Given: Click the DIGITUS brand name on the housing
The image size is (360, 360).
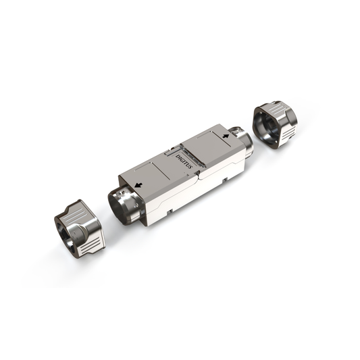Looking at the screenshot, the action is click(184, 161).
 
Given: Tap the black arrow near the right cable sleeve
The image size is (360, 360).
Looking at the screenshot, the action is click(226, 136).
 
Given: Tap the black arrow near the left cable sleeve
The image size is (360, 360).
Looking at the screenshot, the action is click(138, 184).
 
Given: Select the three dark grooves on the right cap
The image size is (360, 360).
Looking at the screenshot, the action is click(288, 133).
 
